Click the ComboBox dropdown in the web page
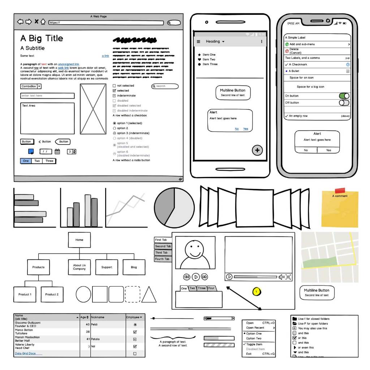[x=31, y=86]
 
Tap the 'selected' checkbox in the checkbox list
[x=115, y=91]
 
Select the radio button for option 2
[x=115, y=128]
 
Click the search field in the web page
[x=165, y=86]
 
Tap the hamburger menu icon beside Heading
[x=198, y=42]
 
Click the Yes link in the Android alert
[x=246, y=129]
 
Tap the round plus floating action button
[x=257, y=150]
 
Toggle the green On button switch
[x=344, y=96]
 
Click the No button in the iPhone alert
[x=306, y=150]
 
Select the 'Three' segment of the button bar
[x=50, y=161]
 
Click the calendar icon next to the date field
[x=57, y=152]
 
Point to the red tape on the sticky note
[x=340, y=190]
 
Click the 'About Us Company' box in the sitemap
[x=79, y=267]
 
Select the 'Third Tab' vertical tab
[x=162, y=253]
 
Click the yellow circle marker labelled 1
[x=257, y=291]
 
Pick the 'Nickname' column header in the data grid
[x=108, y=317]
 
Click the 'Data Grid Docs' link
[x=25, y=353]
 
